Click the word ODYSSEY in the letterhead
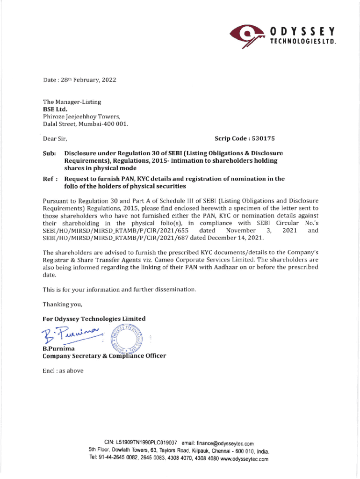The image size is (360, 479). click(302, 32)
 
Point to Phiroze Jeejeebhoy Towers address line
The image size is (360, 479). click(76, 116)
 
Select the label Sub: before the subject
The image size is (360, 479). click(50, 153)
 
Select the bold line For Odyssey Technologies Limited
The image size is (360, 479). click(94, 319)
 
